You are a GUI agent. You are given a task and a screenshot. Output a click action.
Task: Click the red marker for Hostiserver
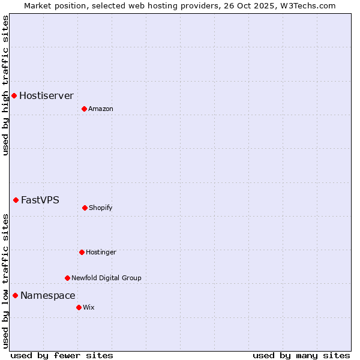(14, 95)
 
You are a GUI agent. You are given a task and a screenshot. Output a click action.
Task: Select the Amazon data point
(84, 109)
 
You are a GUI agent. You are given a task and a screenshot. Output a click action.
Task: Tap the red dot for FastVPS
(16, 200)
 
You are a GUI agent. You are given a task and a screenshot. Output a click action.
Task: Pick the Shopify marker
(85, 208)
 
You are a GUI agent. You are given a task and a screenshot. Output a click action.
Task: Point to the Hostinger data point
(82, 252)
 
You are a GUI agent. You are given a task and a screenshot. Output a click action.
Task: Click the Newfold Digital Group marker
(67, 278)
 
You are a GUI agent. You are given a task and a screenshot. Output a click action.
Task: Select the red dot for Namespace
(15, 295)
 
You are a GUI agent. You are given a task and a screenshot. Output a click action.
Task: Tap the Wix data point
(79, 307)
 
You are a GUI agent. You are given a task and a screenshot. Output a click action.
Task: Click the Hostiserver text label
(46, 96)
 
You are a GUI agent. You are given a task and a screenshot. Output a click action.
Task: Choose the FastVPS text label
(40, 200)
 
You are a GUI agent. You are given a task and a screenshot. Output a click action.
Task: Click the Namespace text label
(48, 296)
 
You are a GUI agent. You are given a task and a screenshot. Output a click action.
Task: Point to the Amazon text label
(101, 109)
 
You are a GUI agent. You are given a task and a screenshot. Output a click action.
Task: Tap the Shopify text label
(101, 208)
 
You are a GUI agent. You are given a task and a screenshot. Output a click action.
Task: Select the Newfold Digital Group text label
(106, 278)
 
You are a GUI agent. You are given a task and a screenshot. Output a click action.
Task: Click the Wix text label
(89, 308)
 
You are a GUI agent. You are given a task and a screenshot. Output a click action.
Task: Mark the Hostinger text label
(101, 253)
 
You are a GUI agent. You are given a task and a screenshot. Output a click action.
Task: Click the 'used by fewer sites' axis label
(62, 355)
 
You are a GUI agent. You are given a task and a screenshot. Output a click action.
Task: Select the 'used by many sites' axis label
(301, 355)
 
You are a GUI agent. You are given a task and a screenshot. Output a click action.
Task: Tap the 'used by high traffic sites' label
(5, 85)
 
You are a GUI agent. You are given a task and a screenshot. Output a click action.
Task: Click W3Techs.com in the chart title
(305, 5)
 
